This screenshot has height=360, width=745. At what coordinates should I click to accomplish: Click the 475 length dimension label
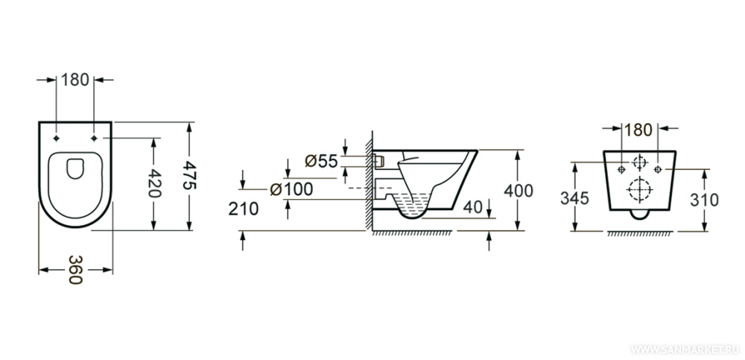coord(189,175)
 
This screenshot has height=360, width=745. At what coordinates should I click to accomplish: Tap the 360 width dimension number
coord(75,270)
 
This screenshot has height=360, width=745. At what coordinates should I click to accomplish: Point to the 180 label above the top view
coord(75,80)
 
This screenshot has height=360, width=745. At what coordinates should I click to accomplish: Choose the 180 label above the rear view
coord(639,130)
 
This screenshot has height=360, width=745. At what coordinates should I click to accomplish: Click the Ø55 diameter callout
coord(320,161)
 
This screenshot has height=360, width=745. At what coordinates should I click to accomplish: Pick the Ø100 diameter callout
coord(291,189)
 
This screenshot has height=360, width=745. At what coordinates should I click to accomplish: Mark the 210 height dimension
coord(244,208)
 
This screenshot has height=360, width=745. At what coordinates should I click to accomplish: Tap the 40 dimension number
coord(472,207)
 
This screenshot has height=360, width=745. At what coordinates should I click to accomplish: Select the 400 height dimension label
coord(519,191)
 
